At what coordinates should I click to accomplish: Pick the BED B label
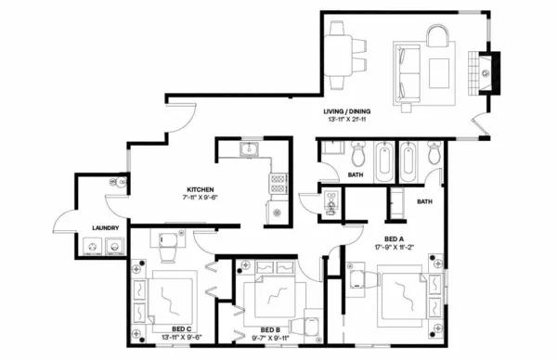tap(270, 330)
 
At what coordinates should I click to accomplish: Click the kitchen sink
tap(248, 150)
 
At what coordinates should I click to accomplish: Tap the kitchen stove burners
tap(278, 183)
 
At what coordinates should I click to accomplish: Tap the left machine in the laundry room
tap(91, 247)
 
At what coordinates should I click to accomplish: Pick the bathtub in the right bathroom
tap(408, 163)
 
